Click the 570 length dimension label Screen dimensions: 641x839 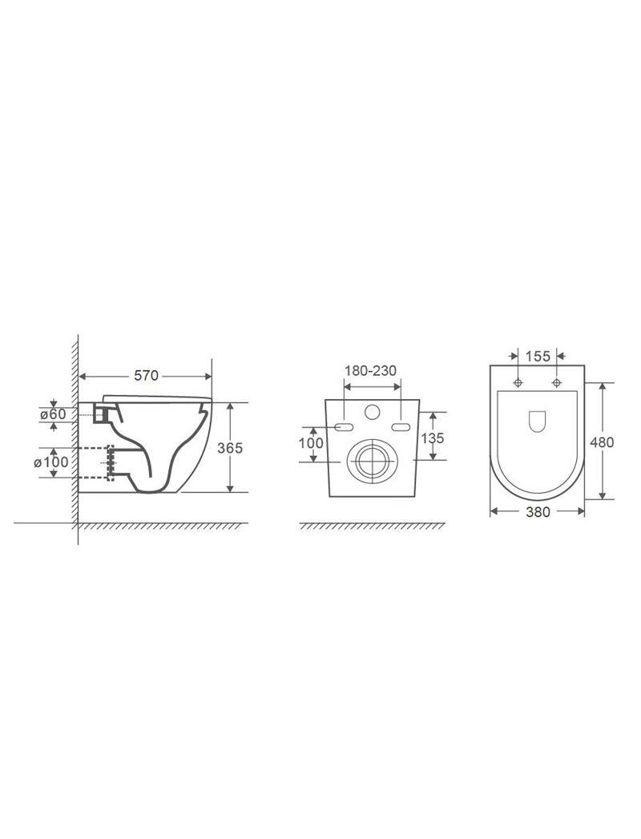coord(146,376)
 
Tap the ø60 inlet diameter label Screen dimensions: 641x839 coord(53,413)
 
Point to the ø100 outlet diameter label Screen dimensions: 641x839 coord(51,461)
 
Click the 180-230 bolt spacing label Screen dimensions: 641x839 coord(370,370)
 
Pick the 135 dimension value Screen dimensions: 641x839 coord(433,438)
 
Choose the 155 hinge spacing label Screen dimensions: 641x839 coord(538,356)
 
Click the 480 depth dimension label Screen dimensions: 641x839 coord(602,442)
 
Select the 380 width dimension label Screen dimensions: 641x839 coord(538,512)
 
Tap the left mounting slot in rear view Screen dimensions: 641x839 coord(344,426)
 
